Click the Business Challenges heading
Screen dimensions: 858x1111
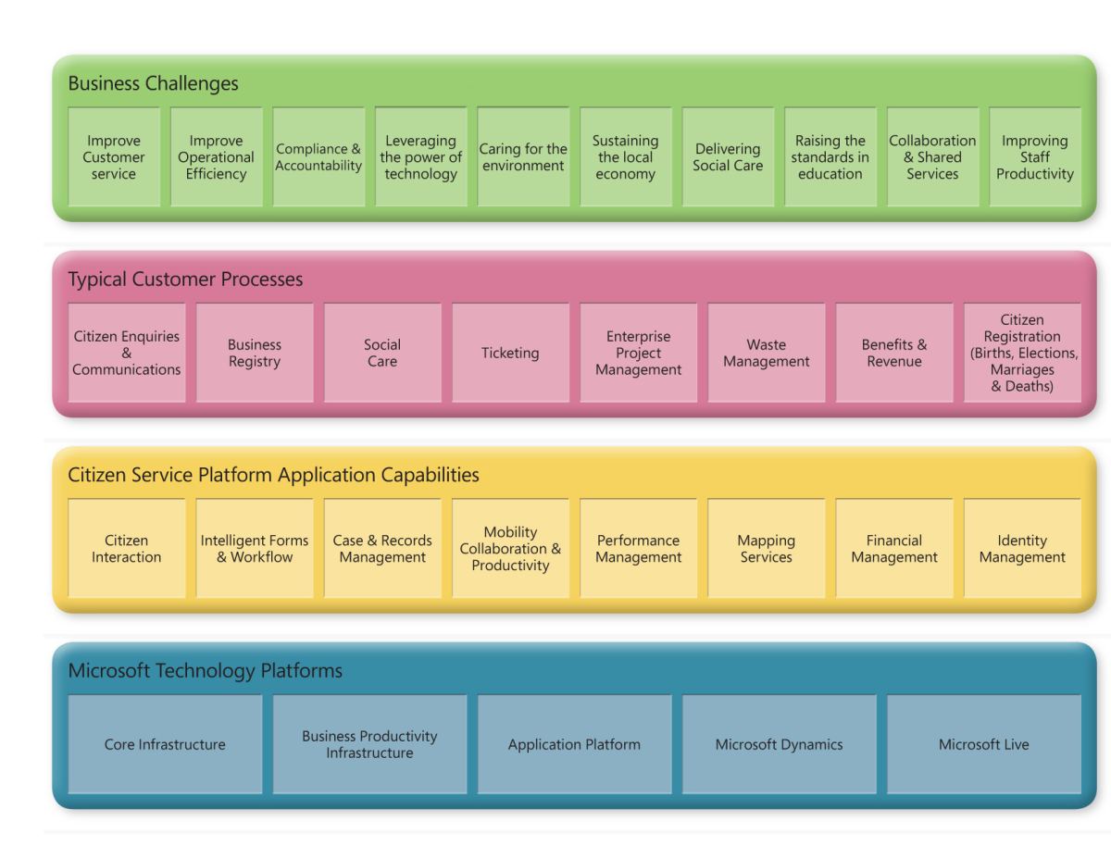(x=153, y=83)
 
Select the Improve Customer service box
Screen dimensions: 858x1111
(x=115, y=157)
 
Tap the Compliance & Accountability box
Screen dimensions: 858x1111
(x=318, y=157)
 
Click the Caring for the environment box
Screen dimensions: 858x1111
(x=523, y=157)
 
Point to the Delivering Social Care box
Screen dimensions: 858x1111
(x=728, y=157)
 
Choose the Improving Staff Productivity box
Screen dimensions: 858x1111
(x=1035, y=157)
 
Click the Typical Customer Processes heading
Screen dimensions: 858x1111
(x=185, y=279)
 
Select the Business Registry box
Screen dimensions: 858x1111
(x=255, y=353)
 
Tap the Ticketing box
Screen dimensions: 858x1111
(x=510, y=353)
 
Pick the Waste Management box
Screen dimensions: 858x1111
(x=766, y=353)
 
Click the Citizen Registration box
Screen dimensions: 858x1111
(x=1022, y=353)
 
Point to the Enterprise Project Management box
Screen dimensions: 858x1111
(x=638, y=353)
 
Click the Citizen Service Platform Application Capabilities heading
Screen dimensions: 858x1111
(x=273, y=475)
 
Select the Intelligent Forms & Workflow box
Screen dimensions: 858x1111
(x=255, y=549)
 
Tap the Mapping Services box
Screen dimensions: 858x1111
(x=766, y=549)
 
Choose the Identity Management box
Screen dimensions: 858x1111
(x=1022, y=549)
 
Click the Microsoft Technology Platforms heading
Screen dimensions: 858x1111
(x=205, y=671)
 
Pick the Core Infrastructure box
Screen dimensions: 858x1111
(x=165, y=745)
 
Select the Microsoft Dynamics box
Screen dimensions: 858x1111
(x=779, y=745)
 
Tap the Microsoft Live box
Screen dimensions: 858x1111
(x=983, y=745)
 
